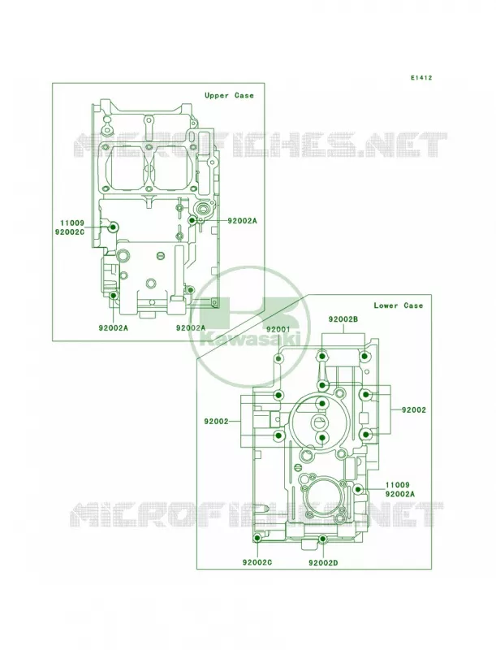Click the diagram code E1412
(421, 77)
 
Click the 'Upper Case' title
(229, 95)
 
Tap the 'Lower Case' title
(399, 305)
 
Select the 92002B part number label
(343, 319)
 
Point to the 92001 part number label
(278, 329)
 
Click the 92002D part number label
(323, 562)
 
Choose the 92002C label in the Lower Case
(257, 562)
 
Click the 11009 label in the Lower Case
(398, 485)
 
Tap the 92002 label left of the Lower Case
(216, 422)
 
